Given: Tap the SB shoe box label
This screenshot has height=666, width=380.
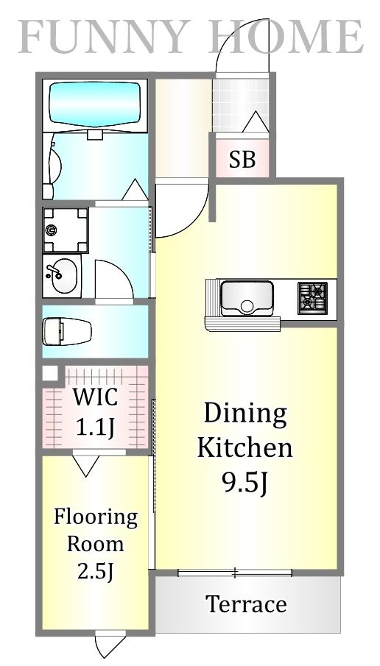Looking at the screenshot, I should [x=242, y=159].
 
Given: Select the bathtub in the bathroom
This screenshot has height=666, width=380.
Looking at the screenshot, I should [x=94, y=106].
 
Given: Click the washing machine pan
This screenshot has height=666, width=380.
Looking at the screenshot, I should [x=65, y=230].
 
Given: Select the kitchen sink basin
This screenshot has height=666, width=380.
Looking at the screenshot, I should [x=247, y=297].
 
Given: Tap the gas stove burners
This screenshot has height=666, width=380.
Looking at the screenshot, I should [x=312, y=297].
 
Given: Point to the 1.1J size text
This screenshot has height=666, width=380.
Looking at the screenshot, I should [x=95, y=427].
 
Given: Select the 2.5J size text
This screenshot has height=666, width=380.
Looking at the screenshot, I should [x=95, y=572].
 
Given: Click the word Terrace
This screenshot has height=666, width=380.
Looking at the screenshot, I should [x=246, y=604].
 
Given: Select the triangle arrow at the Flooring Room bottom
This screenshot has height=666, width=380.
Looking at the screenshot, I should [x=106, y=646].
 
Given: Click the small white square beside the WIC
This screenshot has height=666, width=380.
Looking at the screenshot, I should [x=49, y=373].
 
